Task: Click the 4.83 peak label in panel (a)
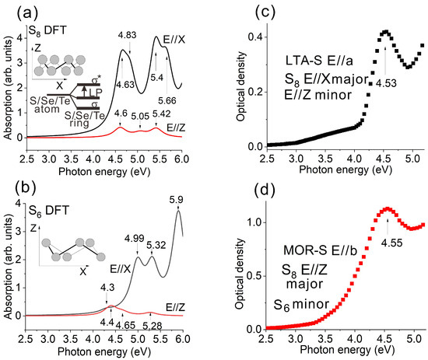127,35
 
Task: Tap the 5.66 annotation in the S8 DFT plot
167,100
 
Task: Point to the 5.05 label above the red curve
140,117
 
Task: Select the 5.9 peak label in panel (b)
176,200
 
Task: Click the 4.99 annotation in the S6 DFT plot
135,239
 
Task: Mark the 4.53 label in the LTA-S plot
386,83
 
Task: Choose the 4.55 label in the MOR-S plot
392,243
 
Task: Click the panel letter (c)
265,12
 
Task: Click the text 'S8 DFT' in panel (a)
47,30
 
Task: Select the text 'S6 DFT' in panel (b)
49,211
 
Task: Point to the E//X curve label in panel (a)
174,40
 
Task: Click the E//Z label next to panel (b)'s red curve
176,308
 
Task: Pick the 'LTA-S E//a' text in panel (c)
319,61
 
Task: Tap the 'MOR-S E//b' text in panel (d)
320,250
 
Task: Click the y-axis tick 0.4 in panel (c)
254,37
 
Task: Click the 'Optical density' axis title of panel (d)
240,274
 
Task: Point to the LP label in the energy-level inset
96,93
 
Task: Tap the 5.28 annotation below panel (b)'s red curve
153,326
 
